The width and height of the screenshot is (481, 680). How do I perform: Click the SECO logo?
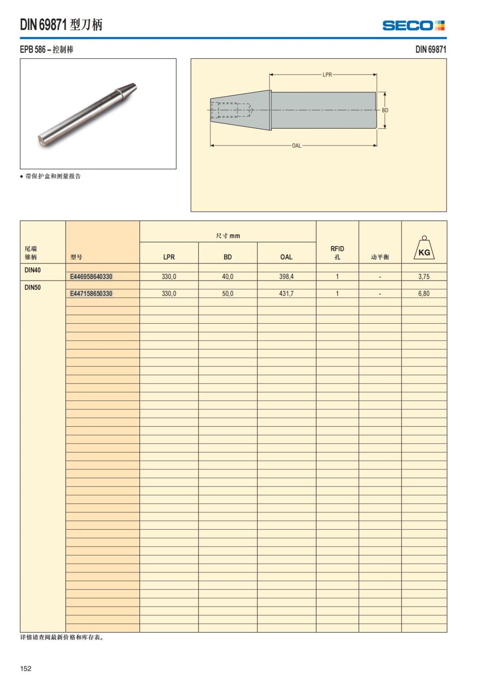(x=413, y=26)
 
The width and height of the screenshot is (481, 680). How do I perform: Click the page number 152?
(x=26, y=668)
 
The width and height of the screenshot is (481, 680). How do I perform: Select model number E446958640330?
(x=91, y=276)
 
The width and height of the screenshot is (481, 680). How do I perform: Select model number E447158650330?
(x=91, y=294)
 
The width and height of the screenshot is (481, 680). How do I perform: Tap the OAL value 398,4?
(x=286, y=276)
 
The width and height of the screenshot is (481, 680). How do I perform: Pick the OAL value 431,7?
(x=286, y=294)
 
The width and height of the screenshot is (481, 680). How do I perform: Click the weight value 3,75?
(x=424, y=276)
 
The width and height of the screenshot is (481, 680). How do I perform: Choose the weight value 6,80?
(x=424, y=294)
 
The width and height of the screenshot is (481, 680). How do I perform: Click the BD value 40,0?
(x=228, y=276)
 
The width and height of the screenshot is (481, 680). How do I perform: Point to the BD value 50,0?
(x=228, y=294)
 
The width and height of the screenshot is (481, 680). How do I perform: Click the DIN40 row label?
(x=32, y=270)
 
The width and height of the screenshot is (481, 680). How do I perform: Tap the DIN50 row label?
(x=32, y=287)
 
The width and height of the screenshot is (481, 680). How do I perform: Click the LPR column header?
(x=169, y=257)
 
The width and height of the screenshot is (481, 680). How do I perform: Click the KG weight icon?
(x=424, y=248)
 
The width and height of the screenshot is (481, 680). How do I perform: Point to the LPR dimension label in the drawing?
(x=327, y=75)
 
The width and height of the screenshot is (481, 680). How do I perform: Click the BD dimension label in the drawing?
(x=385, y=110)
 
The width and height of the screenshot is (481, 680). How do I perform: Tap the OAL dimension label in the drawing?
(x=296, y=145)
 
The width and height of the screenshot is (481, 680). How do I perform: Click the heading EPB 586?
(x=46, y=50)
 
